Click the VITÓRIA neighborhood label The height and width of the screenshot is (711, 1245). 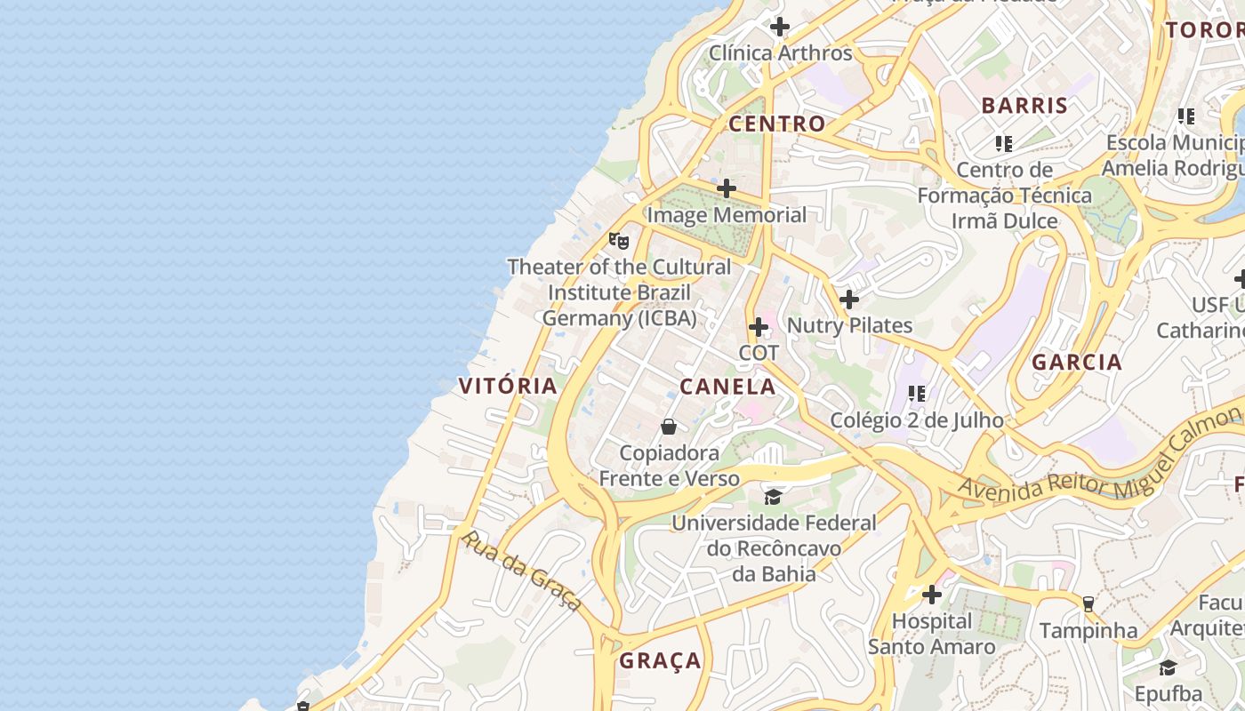[508, 386]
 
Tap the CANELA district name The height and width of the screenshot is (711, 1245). [727, 387]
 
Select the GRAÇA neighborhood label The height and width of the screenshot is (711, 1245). [660, 661]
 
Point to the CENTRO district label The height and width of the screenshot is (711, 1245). [776, 124]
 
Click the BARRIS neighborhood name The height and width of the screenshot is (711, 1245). [1024, 105]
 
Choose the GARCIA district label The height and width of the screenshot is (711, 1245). [1077, 362]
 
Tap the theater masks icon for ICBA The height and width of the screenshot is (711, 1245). [619, 240]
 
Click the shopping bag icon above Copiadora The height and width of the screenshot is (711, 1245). [669, 427]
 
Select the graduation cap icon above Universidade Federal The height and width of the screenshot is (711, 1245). [773, 496]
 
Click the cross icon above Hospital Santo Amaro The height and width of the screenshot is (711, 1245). [932, 594]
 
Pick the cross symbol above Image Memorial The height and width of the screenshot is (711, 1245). [727, 188]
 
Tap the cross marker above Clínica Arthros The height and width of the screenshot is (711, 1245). [780, 27]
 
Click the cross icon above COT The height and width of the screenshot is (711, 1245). [759, 327]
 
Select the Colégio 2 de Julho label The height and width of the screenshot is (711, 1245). [916, 419]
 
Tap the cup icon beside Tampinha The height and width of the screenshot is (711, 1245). [1088, 604]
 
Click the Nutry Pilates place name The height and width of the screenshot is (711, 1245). [849, 325]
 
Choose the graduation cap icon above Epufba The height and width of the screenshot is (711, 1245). [1168, 667]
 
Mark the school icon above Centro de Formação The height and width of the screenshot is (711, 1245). [1004, 143]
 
